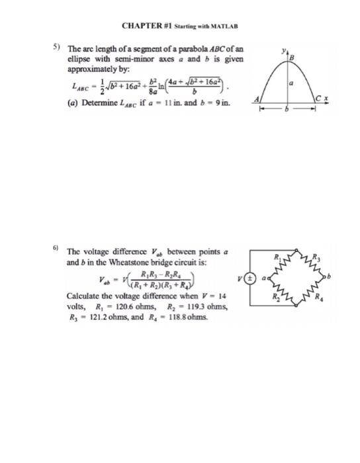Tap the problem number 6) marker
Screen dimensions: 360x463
(x=56, y=246)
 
